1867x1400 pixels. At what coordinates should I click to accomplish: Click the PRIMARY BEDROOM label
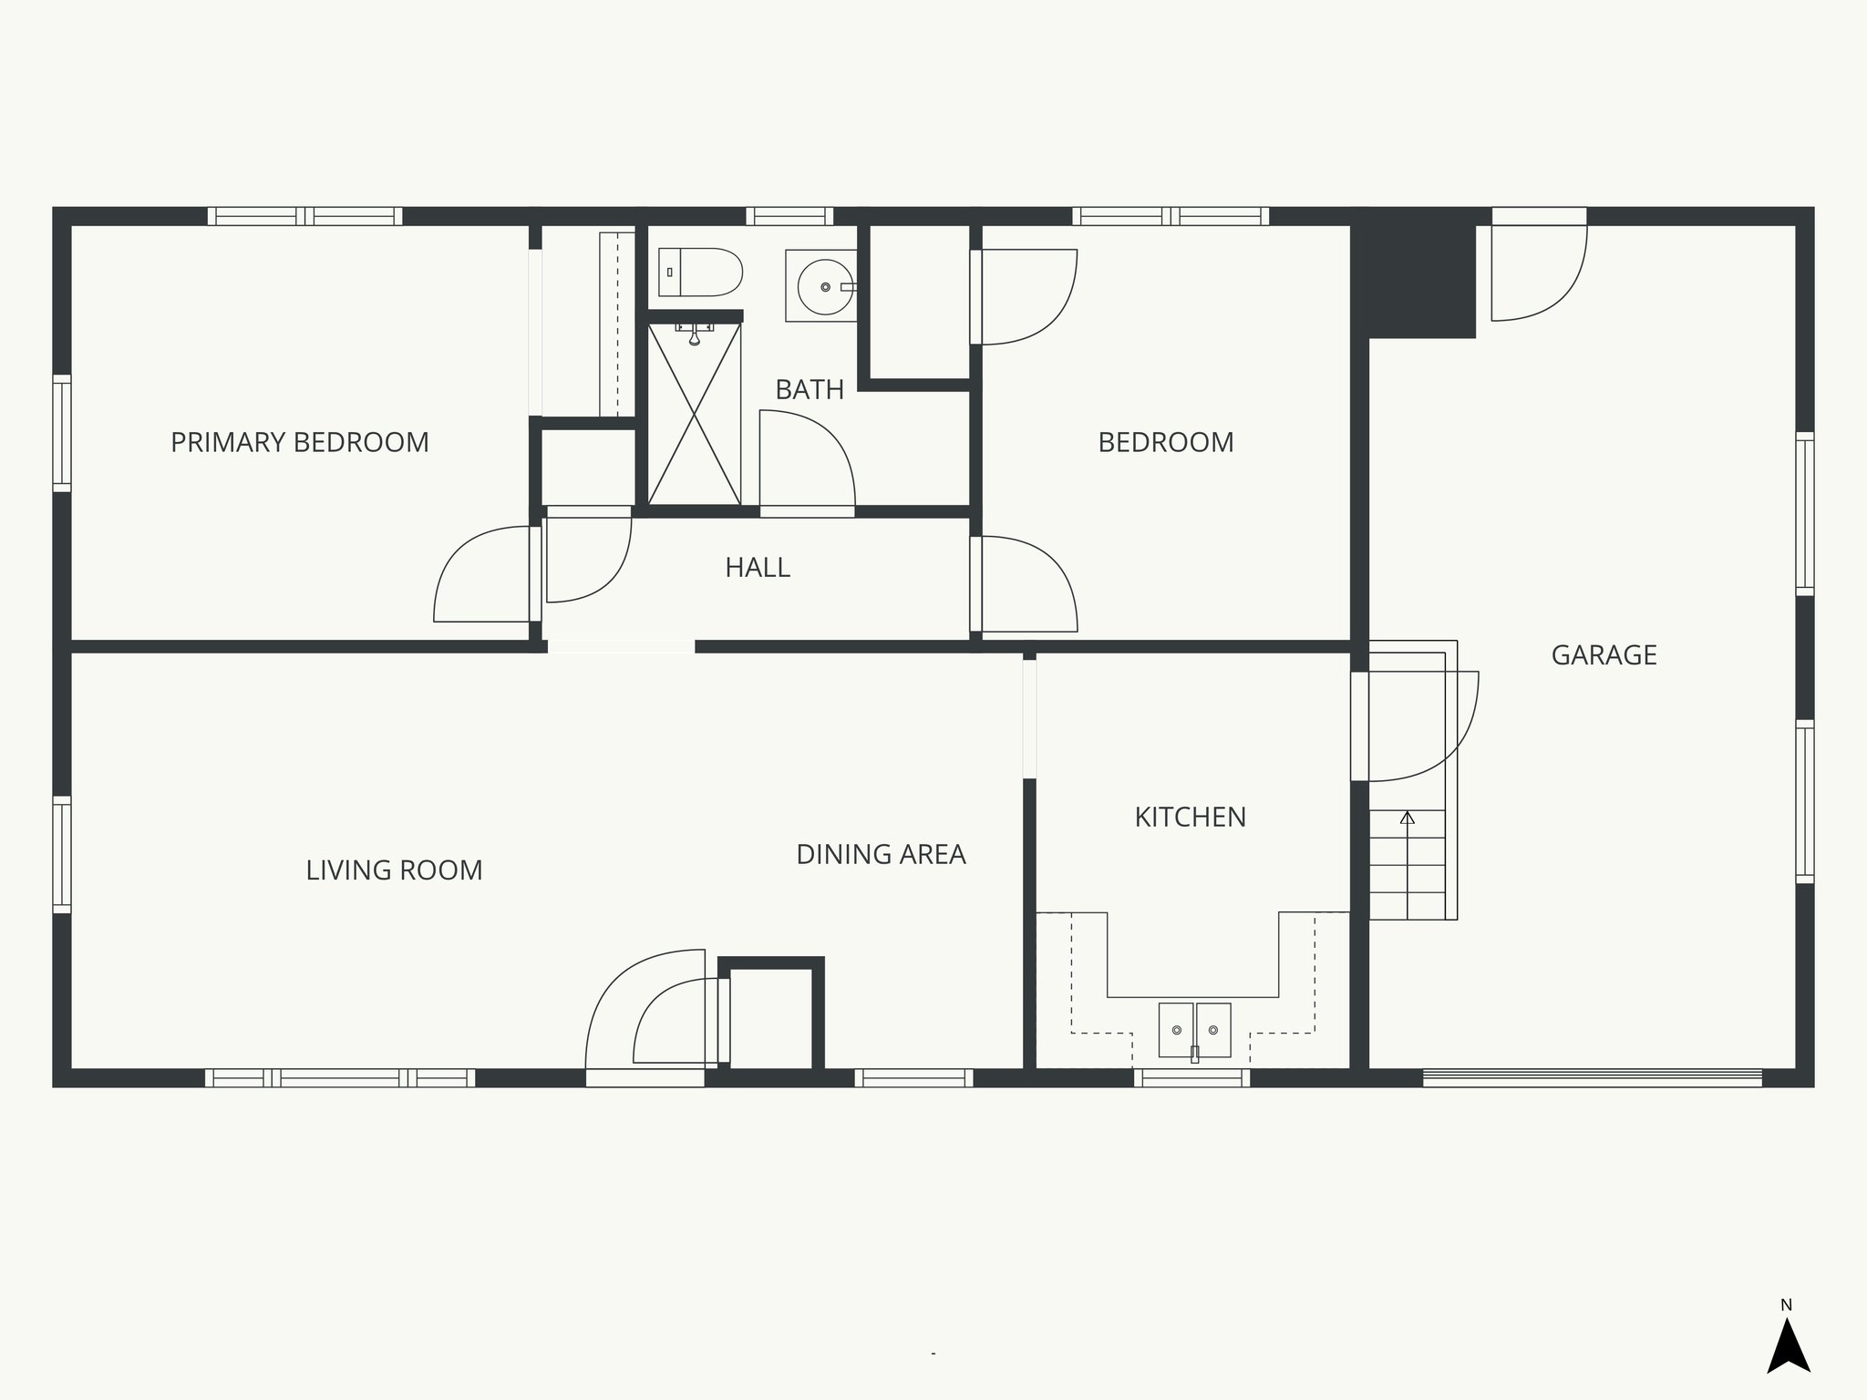point(299,442)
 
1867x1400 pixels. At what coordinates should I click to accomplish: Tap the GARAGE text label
point(1604,654)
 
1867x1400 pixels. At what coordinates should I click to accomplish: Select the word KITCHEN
point(1190,817)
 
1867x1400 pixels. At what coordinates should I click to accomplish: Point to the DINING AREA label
point(881,854)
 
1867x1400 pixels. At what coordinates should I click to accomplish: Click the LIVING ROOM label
point(394,870)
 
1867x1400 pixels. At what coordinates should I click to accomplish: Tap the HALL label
point(757,567)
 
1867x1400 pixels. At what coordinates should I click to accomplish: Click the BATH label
point(809,389)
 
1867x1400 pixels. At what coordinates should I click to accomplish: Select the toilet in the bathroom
point(700,272)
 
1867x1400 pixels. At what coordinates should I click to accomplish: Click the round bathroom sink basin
point(824,286)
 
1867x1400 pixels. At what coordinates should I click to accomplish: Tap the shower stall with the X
point(694,415)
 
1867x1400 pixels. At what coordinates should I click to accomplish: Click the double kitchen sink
point(1194,1030)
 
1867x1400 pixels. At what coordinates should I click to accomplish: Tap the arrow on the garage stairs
point(1408,818)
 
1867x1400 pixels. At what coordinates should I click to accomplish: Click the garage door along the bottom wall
point(1592,1077)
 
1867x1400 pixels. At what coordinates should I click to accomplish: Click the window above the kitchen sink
point(1191,1077)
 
